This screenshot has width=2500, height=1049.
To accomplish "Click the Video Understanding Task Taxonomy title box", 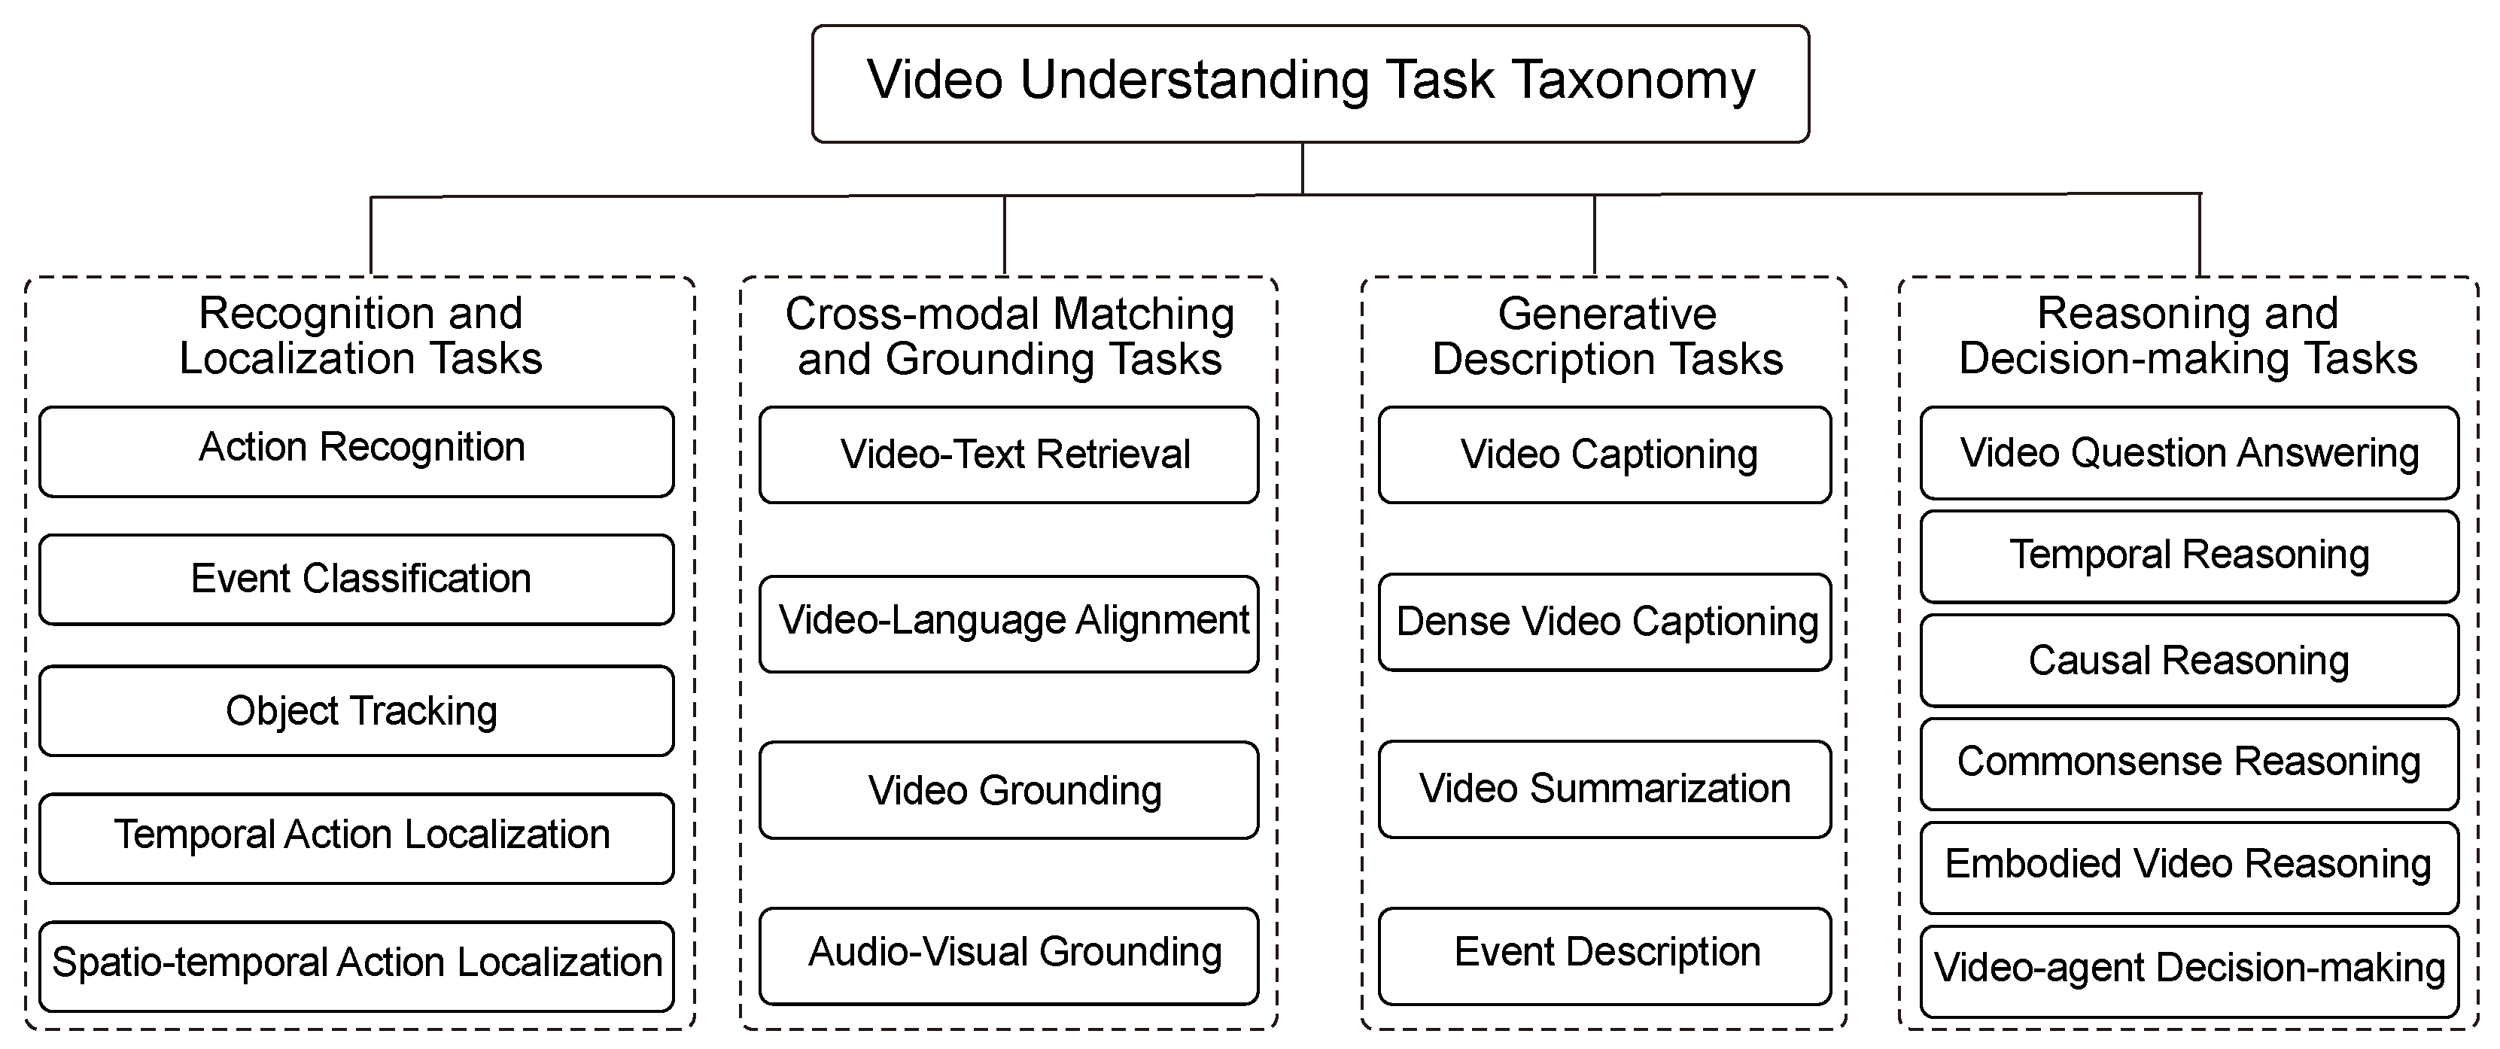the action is [1310, 84].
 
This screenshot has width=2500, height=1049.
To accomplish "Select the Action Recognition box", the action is [356, 452].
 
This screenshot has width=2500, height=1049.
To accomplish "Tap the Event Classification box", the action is [356, 579].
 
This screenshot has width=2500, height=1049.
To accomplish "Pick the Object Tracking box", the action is [356, 710].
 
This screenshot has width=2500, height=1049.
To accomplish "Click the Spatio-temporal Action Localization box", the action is [356, 966].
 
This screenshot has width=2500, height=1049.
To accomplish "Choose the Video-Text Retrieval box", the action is [1008, 455].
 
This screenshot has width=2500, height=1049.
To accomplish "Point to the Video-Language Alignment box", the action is [1008, 624].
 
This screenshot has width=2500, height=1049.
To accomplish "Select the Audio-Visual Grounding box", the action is [1008, 956].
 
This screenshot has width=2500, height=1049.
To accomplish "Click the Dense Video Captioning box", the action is [1604, 622].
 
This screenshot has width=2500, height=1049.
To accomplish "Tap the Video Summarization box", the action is [1604, 789].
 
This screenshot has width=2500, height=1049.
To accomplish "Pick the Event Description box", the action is [1604, 956].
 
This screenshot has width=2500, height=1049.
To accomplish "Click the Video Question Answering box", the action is [2189, 453].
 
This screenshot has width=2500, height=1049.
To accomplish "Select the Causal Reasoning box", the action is [2189, 660].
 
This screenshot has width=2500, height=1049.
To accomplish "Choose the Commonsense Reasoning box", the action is [2189, 764].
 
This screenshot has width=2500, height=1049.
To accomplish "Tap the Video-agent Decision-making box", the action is [2189, 971].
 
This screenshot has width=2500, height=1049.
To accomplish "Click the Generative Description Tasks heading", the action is [1607, 336].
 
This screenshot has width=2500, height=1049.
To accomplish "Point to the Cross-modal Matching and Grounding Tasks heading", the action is [1009, 336].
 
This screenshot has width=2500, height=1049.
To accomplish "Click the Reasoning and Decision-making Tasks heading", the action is [2188, 336].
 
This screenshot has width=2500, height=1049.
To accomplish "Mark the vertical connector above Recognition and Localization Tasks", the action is [372, 236].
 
